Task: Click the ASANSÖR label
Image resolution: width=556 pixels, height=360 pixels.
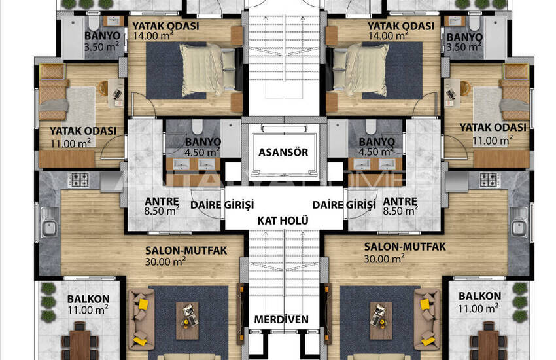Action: pos(283,153)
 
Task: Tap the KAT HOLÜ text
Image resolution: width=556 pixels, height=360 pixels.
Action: pos(283,221)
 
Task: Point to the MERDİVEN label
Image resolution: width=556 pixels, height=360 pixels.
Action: pos(281,319)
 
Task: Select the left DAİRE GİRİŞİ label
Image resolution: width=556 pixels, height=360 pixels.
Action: pos(222,205)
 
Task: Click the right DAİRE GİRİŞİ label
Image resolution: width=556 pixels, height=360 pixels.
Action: pos(344,205)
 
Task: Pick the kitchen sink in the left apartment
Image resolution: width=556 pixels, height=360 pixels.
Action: pos(49,223)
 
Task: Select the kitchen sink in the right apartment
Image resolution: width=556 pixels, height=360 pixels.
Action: pos(519,223)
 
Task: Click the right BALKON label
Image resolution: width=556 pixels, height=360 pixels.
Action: pos(479,296)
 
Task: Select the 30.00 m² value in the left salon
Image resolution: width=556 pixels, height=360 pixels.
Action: pos(165,261)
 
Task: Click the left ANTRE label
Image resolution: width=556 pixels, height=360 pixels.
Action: pos(162,201)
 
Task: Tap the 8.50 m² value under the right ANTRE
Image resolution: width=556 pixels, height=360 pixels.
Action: pos(400,211)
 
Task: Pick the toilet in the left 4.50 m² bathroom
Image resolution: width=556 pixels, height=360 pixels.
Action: pos(197,126)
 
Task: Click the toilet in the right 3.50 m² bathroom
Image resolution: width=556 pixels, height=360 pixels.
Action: pos(474,23)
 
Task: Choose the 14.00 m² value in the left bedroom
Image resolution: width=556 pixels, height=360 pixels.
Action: pos(153,36)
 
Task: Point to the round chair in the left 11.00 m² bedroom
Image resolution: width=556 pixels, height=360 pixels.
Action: pos(103,87)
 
